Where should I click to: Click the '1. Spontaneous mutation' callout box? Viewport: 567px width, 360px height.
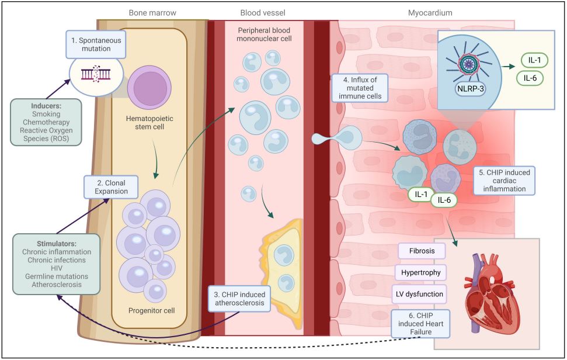95,44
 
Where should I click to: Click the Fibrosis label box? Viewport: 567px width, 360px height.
422,251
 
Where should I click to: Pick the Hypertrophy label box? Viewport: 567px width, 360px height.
422,272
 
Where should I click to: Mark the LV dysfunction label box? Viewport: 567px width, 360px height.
422,293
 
